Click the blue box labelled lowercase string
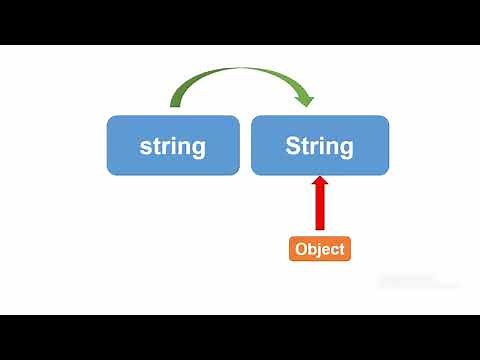(x=173, y=145)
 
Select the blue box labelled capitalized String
(x=320, y=145)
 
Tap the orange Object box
(x=320, y=249)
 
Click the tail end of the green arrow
(x=172, y=104)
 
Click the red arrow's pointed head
(x=320, y=183)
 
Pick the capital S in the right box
(x=293, y=146)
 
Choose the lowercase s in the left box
(x=146, y=148)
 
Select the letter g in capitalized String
(x=346, y=150)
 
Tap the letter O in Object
(x=301, y=249)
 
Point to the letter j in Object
(x=320, y=250)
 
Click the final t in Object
(x=342, y=249)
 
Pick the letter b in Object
(x=312, y=249)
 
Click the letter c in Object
(x=335, y=250)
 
